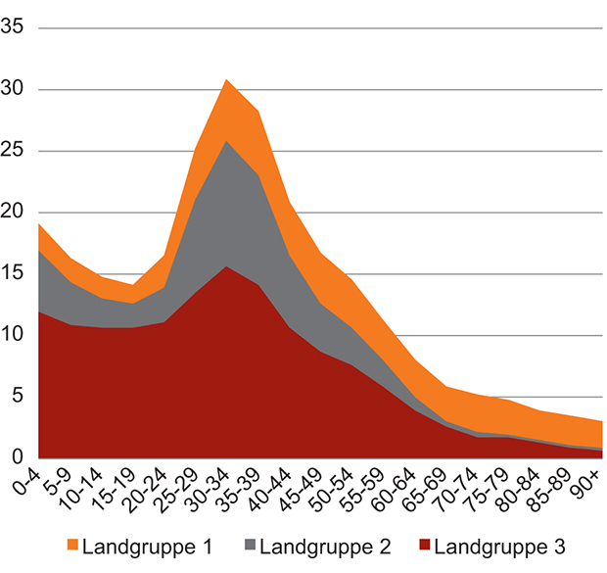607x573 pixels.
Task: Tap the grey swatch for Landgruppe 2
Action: pos(249,545)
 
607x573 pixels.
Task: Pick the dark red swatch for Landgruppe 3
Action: pos(425,545)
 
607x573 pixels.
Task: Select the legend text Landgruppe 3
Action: pos(494,546)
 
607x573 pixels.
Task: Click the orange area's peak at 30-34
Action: pos(227,80)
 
